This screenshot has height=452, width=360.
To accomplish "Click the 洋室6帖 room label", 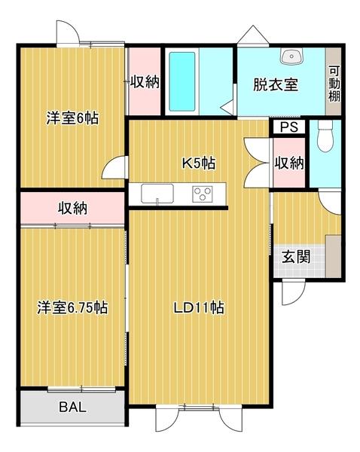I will pos(73,118).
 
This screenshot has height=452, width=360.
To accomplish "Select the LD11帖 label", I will pos(198,307).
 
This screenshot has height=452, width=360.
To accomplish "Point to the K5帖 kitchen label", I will pos(200,162).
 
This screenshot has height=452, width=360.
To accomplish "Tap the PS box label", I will pos(288,128).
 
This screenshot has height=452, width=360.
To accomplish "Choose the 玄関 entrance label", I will pos(296,256).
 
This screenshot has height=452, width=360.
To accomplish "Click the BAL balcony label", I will pos(72,408).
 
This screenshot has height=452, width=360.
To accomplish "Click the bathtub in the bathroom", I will pos(181,81).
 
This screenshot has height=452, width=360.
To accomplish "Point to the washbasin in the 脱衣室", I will pos(290,56).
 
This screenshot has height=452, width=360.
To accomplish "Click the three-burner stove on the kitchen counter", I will pos(203,194).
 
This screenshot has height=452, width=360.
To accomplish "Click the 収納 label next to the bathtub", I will pos(144,81).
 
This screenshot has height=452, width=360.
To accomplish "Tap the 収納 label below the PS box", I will pos(288,162).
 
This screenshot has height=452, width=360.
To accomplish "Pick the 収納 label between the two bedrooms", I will pos(72,209).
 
